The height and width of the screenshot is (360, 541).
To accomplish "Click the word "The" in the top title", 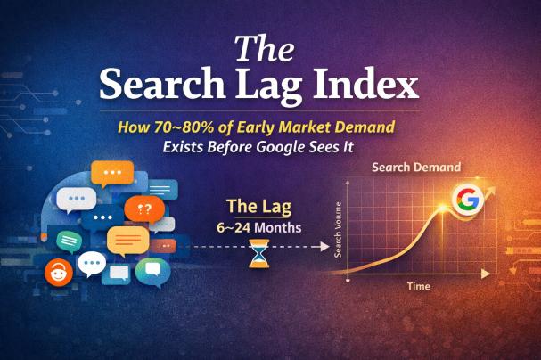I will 269,49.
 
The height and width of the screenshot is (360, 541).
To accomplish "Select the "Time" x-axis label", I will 419,287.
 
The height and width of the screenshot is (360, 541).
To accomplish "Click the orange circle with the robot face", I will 60,272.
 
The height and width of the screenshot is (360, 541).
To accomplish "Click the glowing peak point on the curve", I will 444,212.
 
